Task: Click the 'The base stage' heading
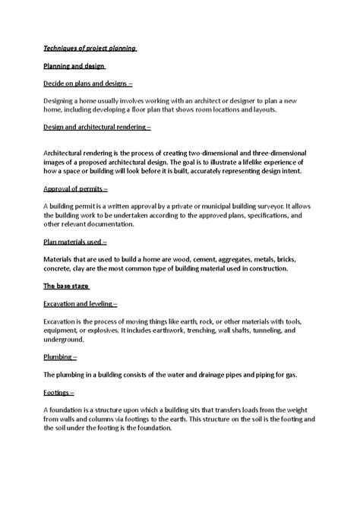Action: pyautogui.click(x=67, y=286)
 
